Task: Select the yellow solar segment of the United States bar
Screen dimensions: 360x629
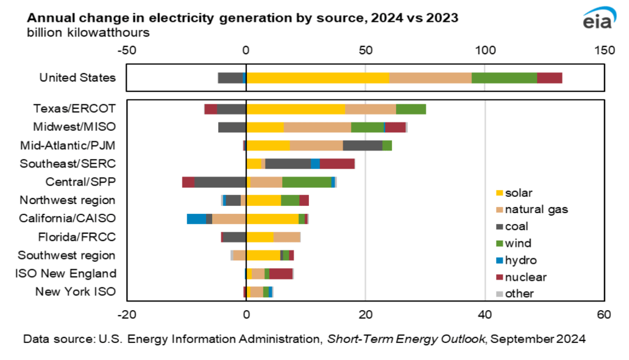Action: [x=318, y=78]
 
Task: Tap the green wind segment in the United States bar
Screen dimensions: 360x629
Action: [x=504, y=78]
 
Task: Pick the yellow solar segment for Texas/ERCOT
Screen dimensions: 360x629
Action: [x=296, y=109]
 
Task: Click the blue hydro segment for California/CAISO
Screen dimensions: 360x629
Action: [x=196, y=219]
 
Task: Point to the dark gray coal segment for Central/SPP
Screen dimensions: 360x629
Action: [x=220, y=182]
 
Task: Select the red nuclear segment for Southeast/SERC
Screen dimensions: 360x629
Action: [x=337, y=164]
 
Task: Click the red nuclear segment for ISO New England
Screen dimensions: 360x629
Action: [x=281, y=274]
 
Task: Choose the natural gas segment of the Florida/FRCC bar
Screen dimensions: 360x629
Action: [x=287, y=237]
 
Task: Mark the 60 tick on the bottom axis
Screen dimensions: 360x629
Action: [x=603, y=314]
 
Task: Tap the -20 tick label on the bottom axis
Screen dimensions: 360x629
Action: [x=126, y=314]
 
